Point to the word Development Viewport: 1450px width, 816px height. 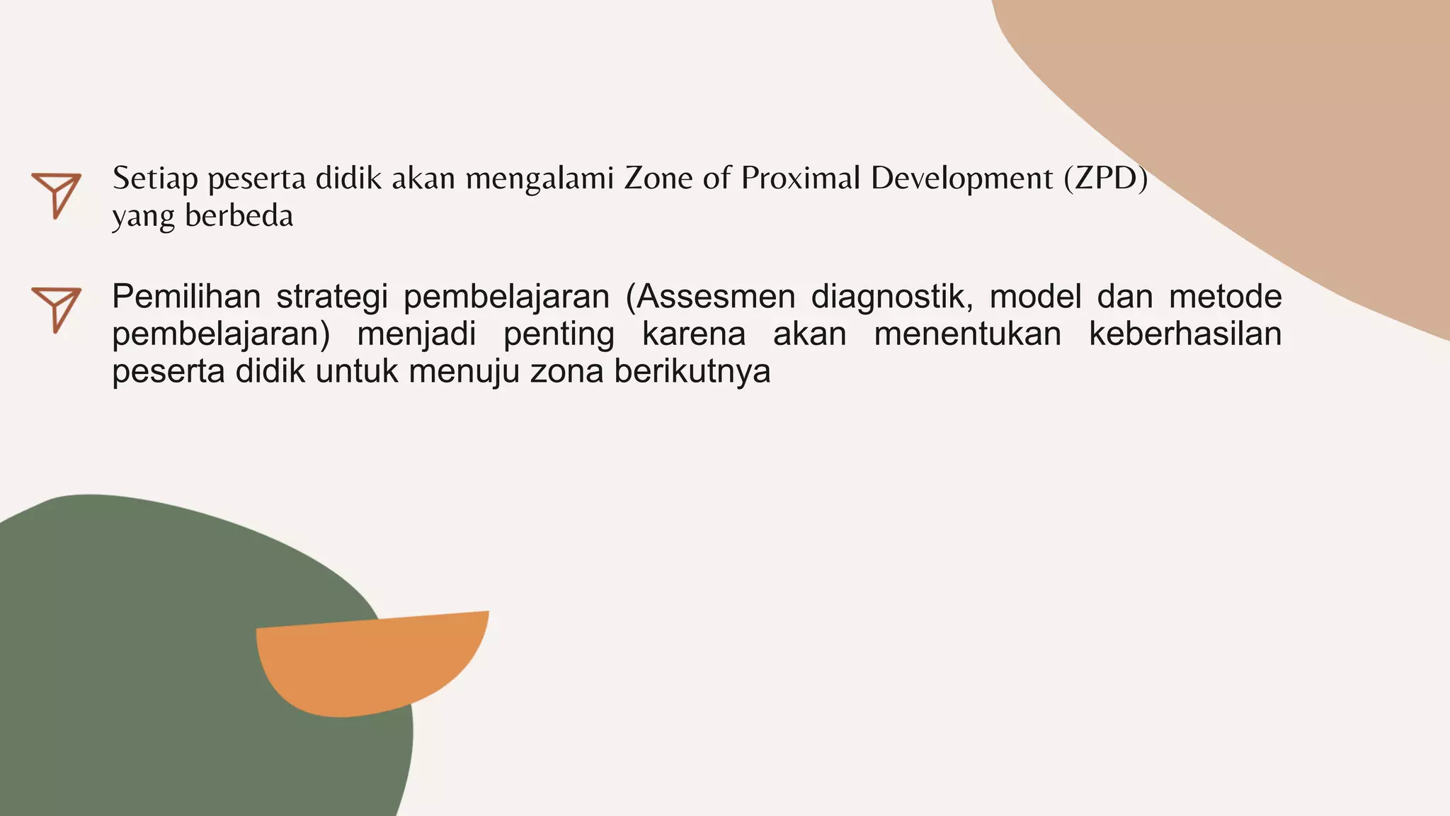962,178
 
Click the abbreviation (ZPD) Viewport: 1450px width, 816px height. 1105,178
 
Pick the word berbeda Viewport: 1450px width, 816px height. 239,216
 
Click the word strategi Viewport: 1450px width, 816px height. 332,297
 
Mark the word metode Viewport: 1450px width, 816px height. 1225,297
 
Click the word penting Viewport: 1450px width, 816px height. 559,334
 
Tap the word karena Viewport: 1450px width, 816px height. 693,334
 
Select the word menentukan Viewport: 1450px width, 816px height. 967,334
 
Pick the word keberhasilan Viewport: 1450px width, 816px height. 1185,334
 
